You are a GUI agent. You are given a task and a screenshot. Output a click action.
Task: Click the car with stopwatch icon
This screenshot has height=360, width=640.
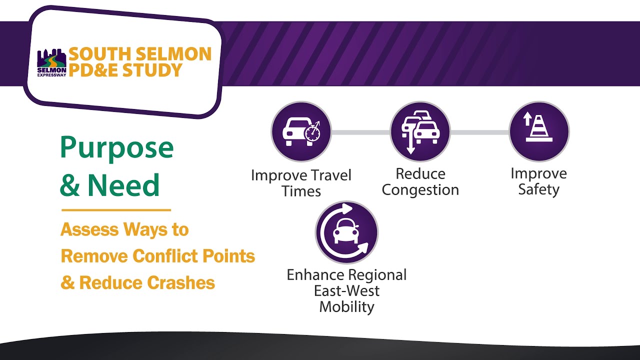(x=301, y=132)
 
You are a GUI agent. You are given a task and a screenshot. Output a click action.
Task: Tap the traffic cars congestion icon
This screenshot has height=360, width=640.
(x=420, y=132)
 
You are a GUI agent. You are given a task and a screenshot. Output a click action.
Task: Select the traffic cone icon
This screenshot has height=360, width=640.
(x=539, y=132)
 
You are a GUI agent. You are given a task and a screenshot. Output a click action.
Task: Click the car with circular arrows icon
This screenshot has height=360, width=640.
(x=346, y=232)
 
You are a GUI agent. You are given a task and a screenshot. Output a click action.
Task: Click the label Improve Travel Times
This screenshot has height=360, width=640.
(x=301, y=183)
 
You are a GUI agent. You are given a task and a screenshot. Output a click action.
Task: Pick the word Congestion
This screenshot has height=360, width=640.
(x=420, y=190)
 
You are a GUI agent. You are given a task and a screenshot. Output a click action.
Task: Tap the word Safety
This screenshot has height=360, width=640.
(x=538, y=190)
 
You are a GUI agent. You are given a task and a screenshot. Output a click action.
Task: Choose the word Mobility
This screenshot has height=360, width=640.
(x=346, y=306)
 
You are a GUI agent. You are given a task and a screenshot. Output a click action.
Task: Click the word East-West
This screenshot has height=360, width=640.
(x=346, y=290)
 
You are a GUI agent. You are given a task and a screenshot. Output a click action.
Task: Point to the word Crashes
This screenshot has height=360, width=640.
(x=181, y=283)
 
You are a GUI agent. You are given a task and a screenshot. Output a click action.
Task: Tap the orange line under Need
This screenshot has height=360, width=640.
(x=116, y=210)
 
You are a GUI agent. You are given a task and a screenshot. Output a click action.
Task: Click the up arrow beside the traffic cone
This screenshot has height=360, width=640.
(x=526, y=119)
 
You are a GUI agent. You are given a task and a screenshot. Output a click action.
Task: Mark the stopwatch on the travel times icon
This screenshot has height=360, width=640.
(x=312, y=132)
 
